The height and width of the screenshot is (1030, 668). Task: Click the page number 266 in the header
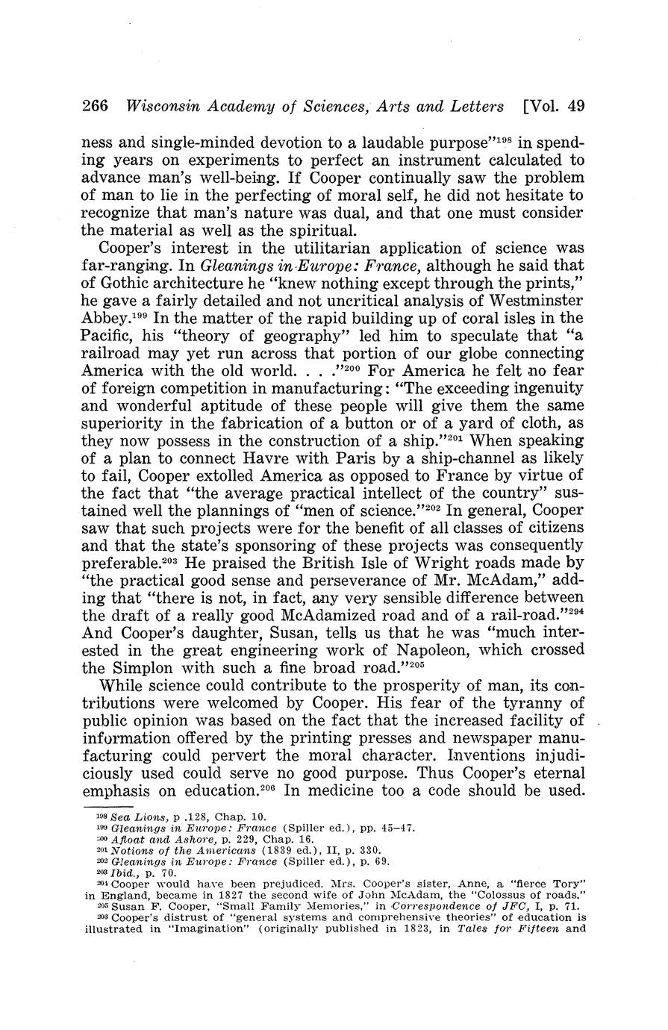coord(95,107)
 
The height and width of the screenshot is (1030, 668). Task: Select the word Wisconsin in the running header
coord(160,107)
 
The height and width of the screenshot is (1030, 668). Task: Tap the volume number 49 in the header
coord(575,107)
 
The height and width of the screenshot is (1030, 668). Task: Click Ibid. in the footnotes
coord(120,871)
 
